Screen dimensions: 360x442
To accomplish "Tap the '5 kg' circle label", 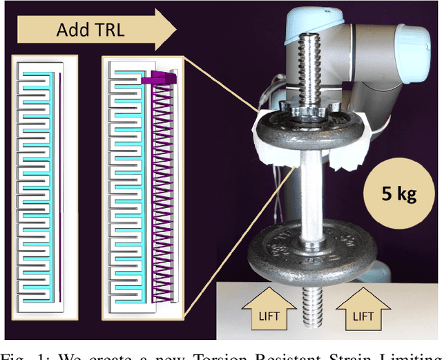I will click(398, 193).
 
